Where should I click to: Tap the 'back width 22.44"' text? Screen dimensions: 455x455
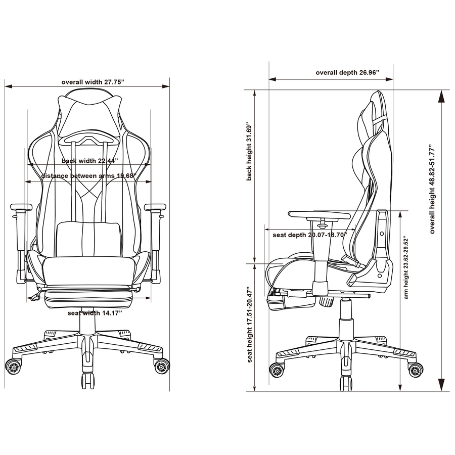pos(89,161)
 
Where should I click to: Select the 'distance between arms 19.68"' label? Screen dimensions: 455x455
pos(89,176)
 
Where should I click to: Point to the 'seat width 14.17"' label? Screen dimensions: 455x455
pos(95,313)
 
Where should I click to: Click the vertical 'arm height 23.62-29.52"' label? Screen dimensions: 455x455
pos(405,268)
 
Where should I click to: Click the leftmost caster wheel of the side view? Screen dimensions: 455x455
pos(277,370)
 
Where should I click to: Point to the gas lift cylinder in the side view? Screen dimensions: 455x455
pos(345,316)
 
